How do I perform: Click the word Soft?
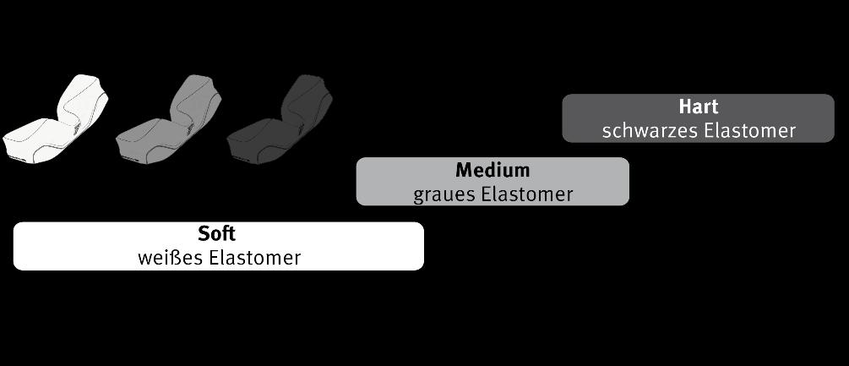coord(217,234)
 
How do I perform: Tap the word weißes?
coord(169,258)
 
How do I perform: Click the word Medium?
coord(493,170)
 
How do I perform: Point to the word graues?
coord(443,194)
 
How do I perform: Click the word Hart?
coord(698,107)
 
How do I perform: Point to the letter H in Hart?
coord(685,107)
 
